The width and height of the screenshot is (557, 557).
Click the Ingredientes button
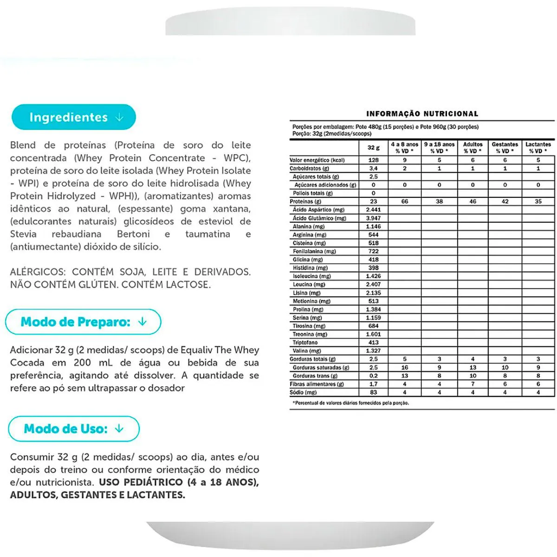coord(74,117)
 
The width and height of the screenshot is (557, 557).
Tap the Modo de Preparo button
coord(83,322)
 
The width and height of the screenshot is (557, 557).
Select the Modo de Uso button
coord(73,428)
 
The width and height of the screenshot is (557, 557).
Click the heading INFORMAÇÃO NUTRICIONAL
coord(422,114)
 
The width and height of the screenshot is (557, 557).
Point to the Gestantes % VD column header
coord(505,148)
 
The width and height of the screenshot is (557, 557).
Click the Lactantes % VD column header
coord(538,148)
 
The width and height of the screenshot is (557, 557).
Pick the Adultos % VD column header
coord(473,148)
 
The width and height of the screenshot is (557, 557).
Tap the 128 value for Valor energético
coord(373,160)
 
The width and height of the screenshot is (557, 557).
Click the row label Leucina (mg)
coord(309,285)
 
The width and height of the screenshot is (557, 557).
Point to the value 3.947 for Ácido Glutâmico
coord(373,218)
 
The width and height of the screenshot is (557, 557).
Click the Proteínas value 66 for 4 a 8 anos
coord(405,201)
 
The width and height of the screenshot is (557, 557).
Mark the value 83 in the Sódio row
coord(373,392)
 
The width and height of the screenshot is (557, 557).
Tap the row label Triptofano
coord(305,343)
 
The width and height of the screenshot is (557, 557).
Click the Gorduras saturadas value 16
coord(405,368)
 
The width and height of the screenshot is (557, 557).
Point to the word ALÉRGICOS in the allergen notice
coord(38,272)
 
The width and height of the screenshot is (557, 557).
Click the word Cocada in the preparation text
coord(27,363)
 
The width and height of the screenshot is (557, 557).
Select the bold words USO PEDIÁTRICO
coord(142,482)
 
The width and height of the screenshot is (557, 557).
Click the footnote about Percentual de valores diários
coord(351,403)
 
